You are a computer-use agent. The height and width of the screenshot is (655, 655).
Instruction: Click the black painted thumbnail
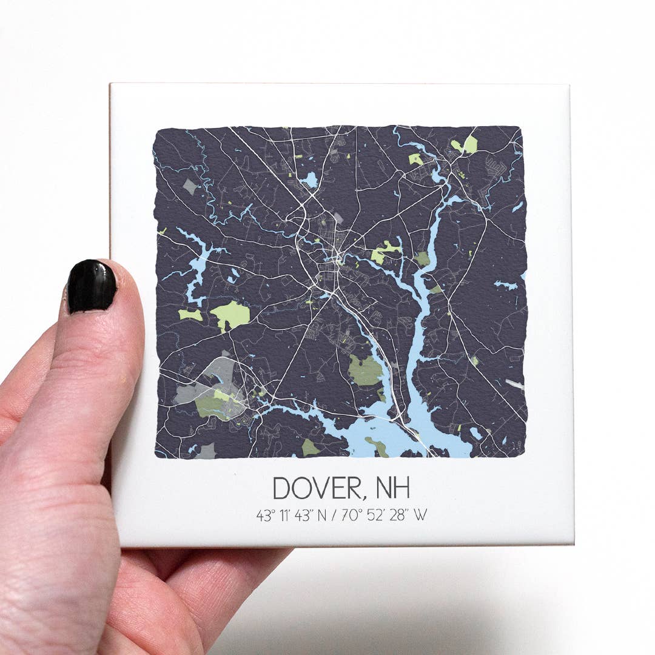pos(92,286)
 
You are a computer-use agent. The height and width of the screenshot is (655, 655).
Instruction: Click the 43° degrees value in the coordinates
pos(265,516)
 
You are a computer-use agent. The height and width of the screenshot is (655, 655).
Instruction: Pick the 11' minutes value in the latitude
pos(285,516)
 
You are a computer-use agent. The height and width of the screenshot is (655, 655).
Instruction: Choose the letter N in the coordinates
pos(321,516)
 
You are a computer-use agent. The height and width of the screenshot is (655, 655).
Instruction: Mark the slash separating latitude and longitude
pos(333,516)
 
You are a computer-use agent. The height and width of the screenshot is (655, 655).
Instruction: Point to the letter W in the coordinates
pos(420,516)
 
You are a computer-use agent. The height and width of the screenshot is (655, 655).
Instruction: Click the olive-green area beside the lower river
pos(364,370)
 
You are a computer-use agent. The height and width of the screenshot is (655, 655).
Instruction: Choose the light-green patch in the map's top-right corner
pos(470,144)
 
